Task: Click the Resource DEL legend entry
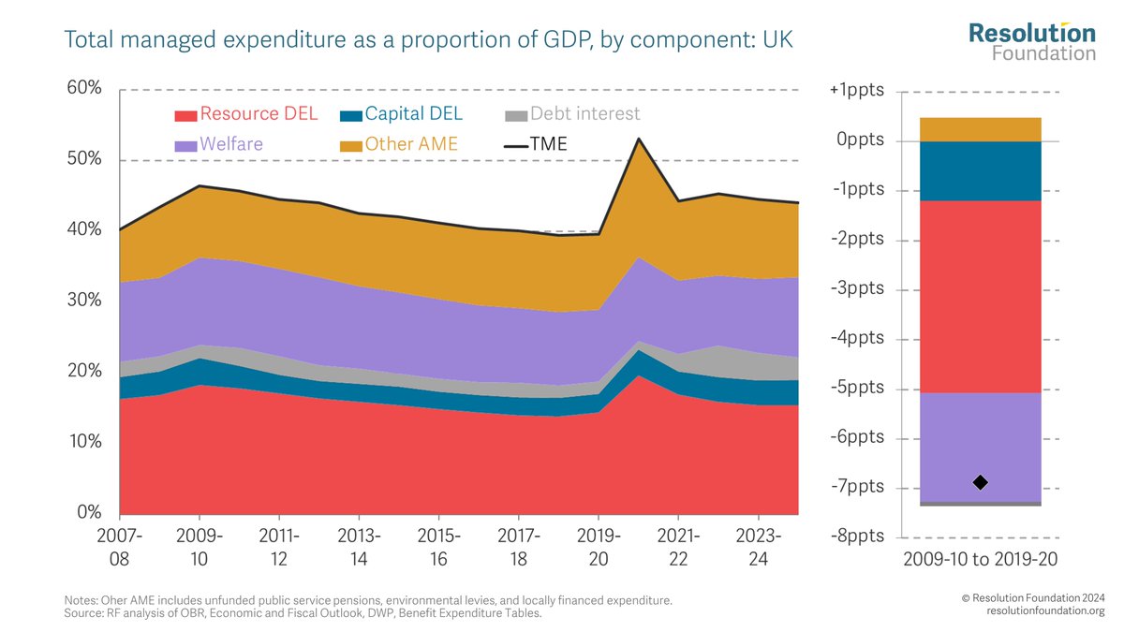246,114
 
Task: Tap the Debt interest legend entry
571,114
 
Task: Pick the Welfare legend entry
219,144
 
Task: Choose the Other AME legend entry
398,144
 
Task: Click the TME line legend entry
536,144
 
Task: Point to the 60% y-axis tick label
83,88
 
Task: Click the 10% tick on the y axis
83,442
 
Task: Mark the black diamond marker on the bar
981,482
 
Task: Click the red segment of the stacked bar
981,296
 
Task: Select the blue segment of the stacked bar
981,170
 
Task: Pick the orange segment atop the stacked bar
981,129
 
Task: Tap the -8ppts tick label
857,537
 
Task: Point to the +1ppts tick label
857,91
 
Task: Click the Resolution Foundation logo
1031,42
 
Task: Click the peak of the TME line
638,139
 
